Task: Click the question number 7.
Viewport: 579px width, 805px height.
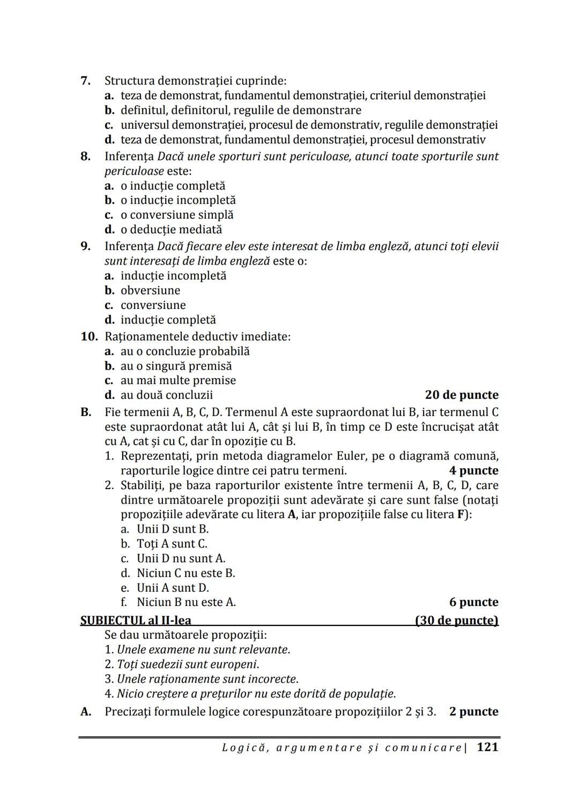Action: (x=85, y=81)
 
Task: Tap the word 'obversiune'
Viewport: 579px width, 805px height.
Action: (x=150, y=290)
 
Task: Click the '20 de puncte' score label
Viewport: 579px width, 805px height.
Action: (x=461, y=395)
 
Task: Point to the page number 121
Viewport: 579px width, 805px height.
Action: (x=487, y=747)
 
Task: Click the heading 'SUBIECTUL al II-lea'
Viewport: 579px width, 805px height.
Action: (x=136, y=620)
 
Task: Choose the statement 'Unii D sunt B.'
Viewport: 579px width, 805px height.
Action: (x=172, y=529)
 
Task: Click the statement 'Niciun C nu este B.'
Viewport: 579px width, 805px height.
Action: (x=185, y=573)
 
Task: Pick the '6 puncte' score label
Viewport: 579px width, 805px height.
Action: (x=473, y=602)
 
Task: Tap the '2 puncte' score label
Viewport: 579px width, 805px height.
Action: (x=473, y=712)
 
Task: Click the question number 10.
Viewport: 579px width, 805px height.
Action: (x=88, y=337)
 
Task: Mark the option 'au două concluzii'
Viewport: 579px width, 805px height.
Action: (x=166, y=395)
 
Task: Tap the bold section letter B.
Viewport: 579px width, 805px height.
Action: (x=85, y=412)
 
